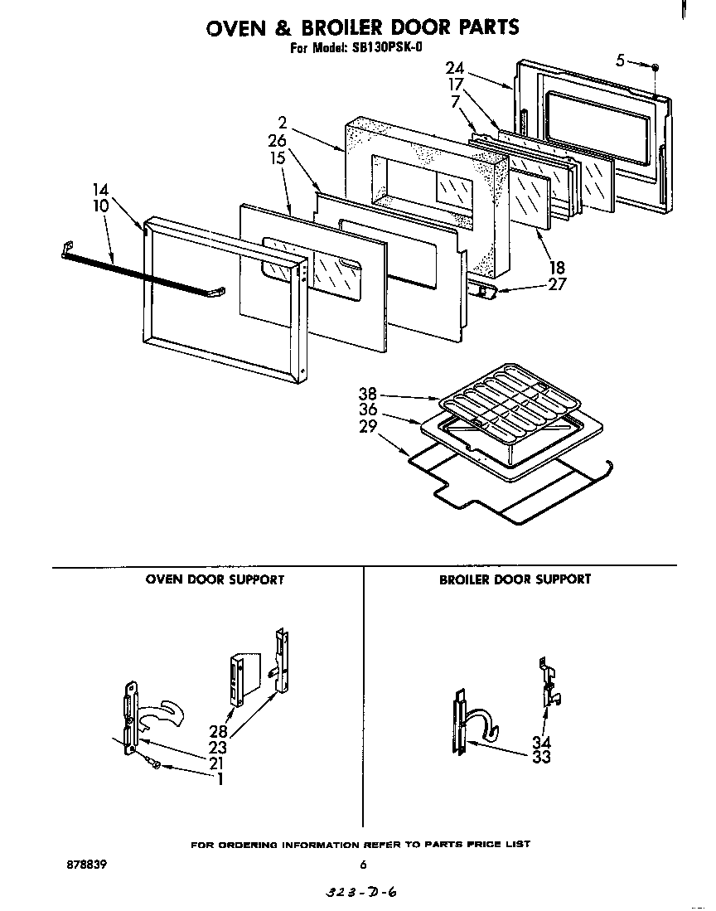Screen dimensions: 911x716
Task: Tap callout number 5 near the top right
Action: [621, 59]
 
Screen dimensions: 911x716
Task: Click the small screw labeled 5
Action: [655, 65]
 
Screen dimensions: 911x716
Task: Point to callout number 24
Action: [455, 68]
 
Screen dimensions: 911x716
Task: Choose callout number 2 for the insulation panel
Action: [283, 124]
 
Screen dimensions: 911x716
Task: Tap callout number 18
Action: [556, 267]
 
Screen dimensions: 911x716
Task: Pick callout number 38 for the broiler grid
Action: [367, 395]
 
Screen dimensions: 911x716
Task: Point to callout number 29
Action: [368, 426]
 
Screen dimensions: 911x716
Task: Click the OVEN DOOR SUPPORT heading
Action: [215, 579]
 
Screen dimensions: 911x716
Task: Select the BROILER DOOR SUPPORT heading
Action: [515, 579]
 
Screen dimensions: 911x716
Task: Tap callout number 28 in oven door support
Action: [217, 731]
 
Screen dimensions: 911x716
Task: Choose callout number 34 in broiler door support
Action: [541, 742]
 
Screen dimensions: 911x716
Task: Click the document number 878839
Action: [87, 864]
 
